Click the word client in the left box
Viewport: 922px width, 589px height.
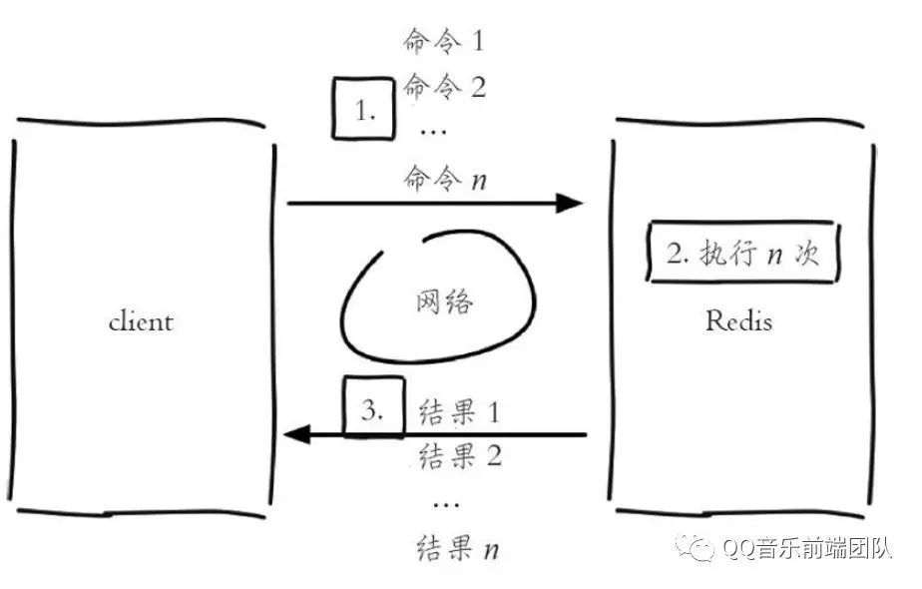(140, 321)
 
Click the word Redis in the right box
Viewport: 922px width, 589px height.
(739, 321)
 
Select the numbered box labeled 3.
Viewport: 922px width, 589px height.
(373, 407)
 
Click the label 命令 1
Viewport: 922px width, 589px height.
(444, 42)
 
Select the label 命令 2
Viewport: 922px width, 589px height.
(444, 88)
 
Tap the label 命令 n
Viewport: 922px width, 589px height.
(444, 180)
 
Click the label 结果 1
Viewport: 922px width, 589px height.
(459, 409)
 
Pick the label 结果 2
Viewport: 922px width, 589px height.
(459, 456)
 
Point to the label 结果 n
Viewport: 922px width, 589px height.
(459, 547)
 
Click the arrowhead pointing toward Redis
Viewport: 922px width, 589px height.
(569, 204)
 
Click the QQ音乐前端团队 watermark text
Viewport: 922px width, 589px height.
(808, 548)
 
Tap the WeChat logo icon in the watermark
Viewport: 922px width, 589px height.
(696, 547)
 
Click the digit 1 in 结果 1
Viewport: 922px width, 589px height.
(492, 409)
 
